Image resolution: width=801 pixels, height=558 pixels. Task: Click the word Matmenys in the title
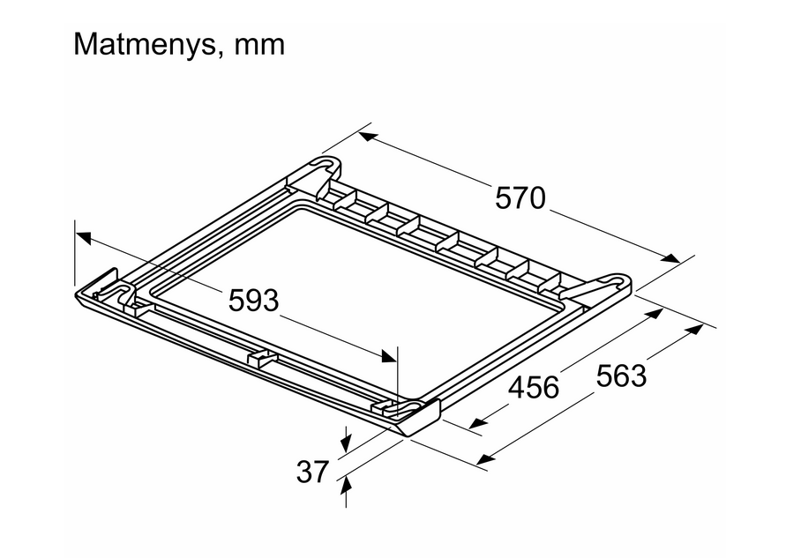(142, 44)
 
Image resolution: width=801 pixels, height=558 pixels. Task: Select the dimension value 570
(520, 198)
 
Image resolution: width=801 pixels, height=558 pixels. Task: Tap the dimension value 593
(253, 301)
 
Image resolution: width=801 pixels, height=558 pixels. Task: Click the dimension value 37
(312, 472)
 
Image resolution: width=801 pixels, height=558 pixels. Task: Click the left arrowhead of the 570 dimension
(366, 138)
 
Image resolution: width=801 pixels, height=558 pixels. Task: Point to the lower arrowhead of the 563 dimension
(483, 459)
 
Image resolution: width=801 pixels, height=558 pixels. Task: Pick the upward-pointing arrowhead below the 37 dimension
(345, 481)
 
